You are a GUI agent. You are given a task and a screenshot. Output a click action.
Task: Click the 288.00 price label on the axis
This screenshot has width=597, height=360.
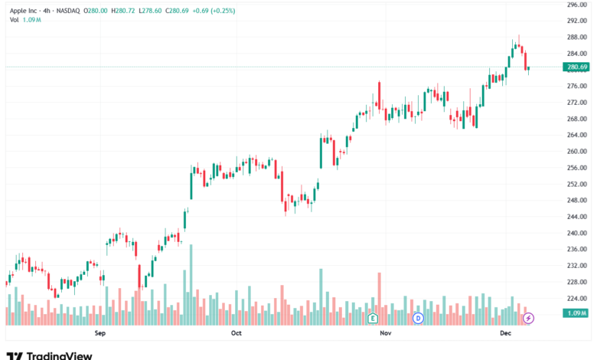click(576, 37)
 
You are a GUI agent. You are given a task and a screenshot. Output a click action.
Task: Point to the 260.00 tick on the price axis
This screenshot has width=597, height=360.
click(576, 152)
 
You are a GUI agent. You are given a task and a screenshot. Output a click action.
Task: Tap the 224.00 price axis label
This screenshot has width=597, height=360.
click(576, 299)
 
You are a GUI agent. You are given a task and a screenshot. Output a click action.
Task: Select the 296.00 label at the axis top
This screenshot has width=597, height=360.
click(576, 5)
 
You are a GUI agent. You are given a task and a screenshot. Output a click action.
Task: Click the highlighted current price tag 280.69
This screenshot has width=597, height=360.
click(576, 67)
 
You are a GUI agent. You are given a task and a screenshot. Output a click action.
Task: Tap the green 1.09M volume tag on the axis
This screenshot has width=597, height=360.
click(575, 313)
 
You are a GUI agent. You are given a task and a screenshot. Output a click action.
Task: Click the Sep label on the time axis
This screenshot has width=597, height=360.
click(99, 333)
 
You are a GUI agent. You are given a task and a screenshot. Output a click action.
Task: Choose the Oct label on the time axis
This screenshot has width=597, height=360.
click(236, 333)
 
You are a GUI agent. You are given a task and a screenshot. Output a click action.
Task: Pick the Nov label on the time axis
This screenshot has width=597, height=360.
click(386, 333)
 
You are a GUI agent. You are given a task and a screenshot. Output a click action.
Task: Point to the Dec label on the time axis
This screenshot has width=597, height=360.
click(505, 333)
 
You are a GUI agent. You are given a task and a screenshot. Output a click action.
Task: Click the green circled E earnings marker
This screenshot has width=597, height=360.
click(374, 317)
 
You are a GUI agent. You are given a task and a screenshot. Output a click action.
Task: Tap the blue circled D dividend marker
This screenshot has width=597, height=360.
click(419, 317)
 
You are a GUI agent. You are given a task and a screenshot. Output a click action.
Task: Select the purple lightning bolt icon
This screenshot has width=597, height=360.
click(528, 317)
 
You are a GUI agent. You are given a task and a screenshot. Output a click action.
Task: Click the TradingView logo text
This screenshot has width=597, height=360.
click(59, 355)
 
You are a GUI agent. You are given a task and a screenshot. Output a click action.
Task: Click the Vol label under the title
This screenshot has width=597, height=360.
click(15, 20)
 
